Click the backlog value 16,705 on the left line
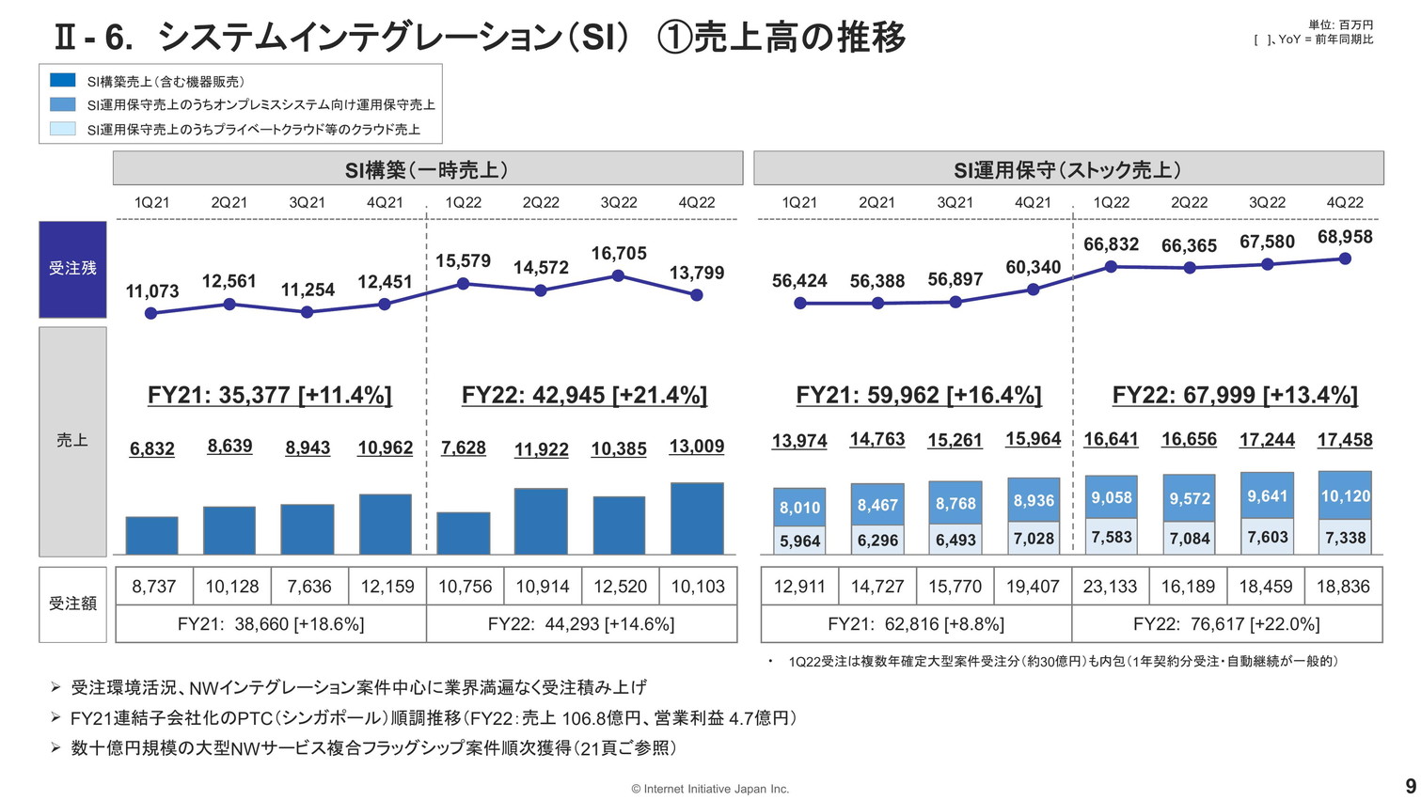pyautogui.click(x=619, y=254)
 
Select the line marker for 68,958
pyautogui.click(x=1345, y=259)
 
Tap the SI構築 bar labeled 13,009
pyautogui.click(x=697, y=519)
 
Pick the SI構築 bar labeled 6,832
pyautogui.click(x=151, y=536)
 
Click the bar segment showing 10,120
pyautogui.click(x=1345, y=495)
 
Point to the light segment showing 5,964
pyautogui.click(x=799, y=541)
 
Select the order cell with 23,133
pyautogui.click(x=1111, y=587)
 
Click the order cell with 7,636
pyautogui.click(x=309, y=587)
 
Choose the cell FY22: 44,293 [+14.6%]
pyautogui.click(x=581, y=624)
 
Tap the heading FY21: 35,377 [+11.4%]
pyautogui.click(x=270, y=395)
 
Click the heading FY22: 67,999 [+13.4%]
pyautogui.click(x=1235, y=395)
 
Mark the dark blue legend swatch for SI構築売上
pyautogui.click(x=63, y=81)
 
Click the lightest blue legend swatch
pyautogui.click(x=63, y=129)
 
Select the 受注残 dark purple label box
pyautogui.click(x=72, y=269)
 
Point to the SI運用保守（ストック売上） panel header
pyautogui.click(x=1068, y=169)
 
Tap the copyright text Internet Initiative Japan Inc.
pyautogui.click(x=710, y=789)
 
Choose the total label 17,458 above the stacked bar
pyautogui.click(x=1345, y=439)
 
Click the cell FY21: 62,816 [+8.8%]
pyautogui.click(x=916, y=624)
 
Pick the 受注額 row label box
pyautogui.click(x=72, y=604)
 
